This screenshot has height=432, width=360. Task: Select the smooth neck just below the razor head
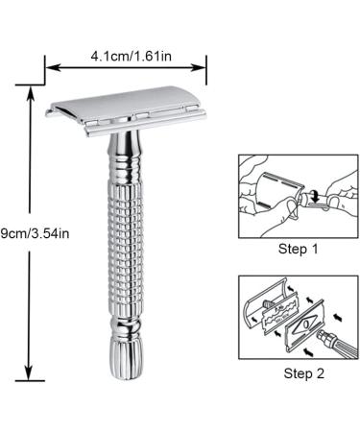[x=125, y=154]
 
